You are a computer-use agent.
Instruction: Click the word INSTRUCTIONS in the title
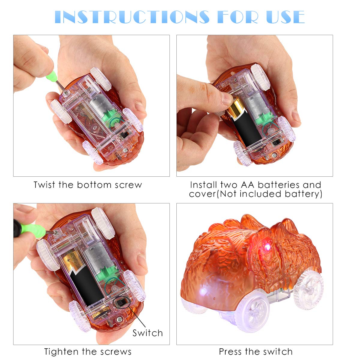pyautogui.click(x=132, y=17)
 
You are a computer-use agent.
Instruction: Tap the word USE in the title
pyautogui.click(x=286, y=17)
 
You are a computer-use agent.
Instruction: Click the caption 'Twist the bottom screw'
pyautogui.click(x=88, y=185)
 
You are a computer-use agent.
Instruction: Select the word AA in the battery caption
pyautogui.click(x=247, y=185)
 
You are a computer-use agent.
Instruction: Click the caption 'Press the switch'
pyautogui.click(x=256, y=351)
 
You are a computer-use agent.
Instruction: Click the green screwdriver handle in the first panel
pyautogui.click(x=52, y=76)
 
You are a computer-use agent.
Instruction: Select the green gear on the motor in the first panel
pyautogui.click(x=110, y=116)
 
